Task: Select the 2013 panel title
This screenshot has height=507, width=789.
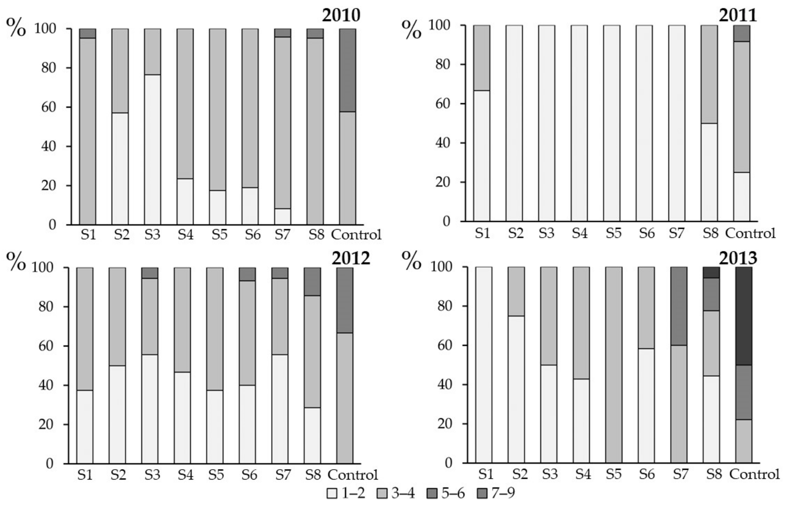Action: click(x=738, y=258)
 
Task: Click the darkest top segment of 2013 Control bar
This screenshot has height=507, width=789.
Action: click(x=744, y=316)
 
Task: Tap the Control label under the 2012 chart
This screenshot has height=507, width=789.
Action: click(x=352, y=475)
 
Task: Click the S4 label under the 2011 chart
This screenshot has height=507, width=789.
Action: click(x=580, y=233)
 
